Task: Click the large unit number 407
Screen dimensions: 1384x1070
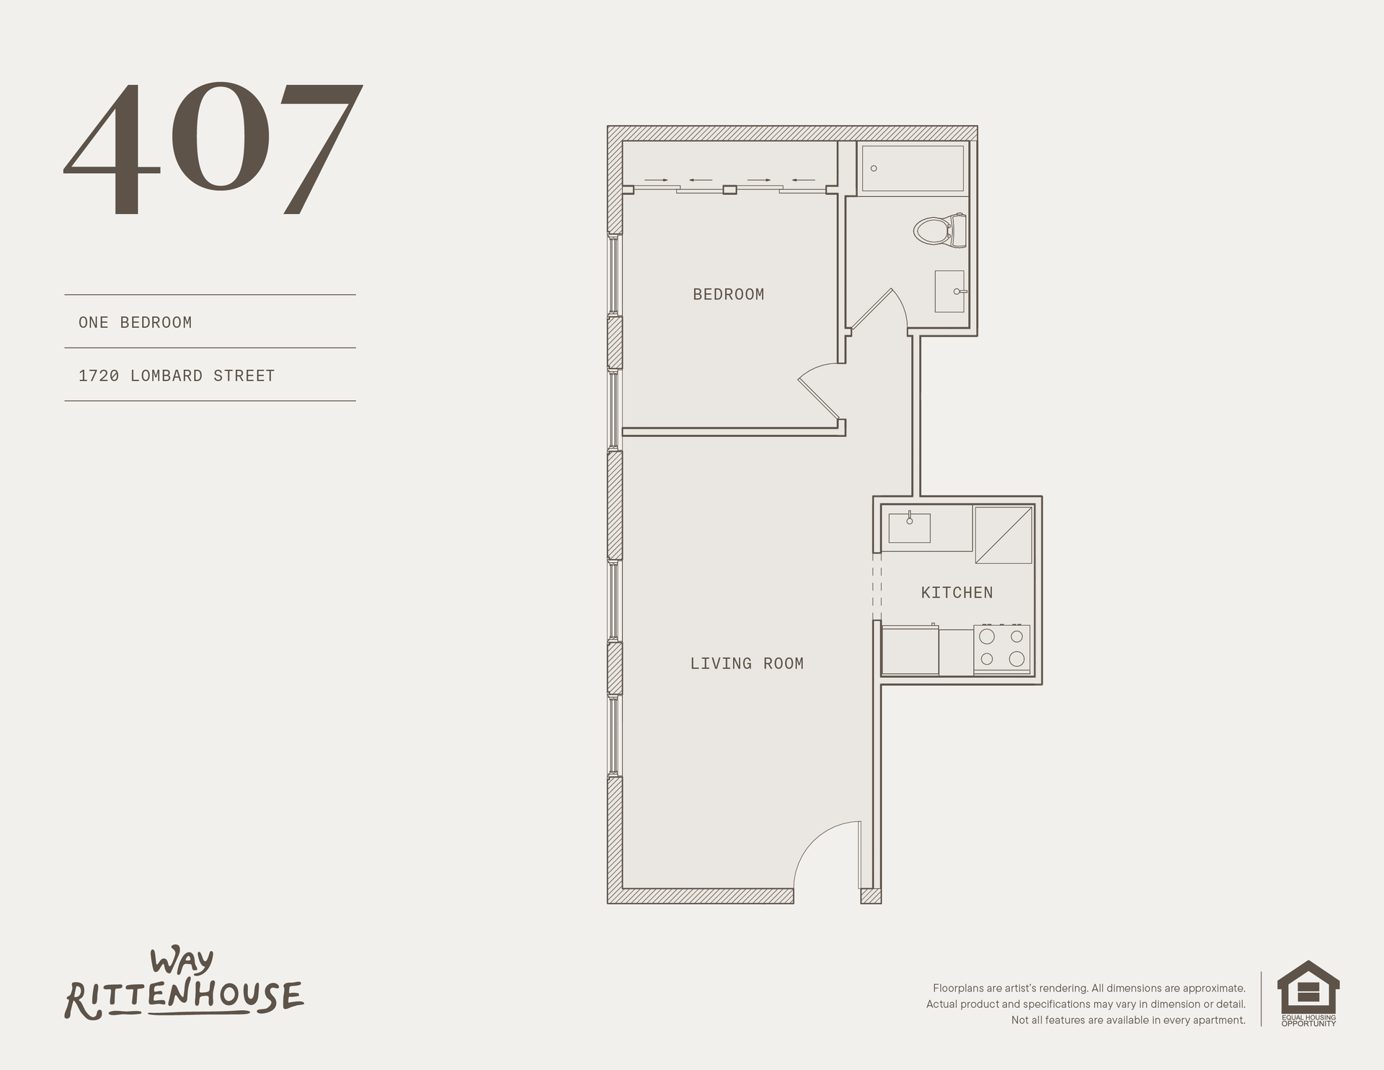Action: [213, 149]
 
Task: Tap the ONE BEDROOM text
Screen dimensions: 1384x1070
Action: [136, 322]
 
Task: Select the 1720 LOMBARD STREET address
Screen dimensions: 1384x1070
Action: [177, 376]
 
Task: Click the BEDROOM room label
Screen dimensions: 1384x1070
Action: [728, 294]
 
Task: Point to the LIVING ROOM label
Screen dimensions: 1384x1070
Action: [747, 663]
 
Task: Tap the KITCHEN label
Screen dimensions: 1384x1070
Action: [957, 593]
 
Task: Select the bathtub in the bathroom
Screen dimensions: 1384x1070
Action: [913, 169]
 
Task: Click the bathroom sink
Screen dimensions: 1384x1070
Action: [950, 291]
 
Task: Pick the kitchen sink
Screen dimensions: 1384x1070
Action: [909, 527]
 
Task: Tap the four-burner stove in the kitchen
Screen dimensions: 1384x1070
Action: [1002, 649]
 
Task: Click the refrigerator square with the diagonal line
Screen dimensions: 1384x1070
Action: [1003, 535]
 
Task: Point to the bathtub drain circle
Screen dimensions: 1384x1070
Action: [874, 169]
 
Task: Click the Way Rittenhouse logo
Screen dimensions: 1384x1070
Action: [185, 985]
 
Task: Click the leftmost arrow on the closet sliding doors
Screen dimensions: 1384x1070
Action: [656, 180]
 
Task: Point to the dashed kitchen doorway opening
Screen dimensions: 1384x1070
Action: [877, 587]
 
